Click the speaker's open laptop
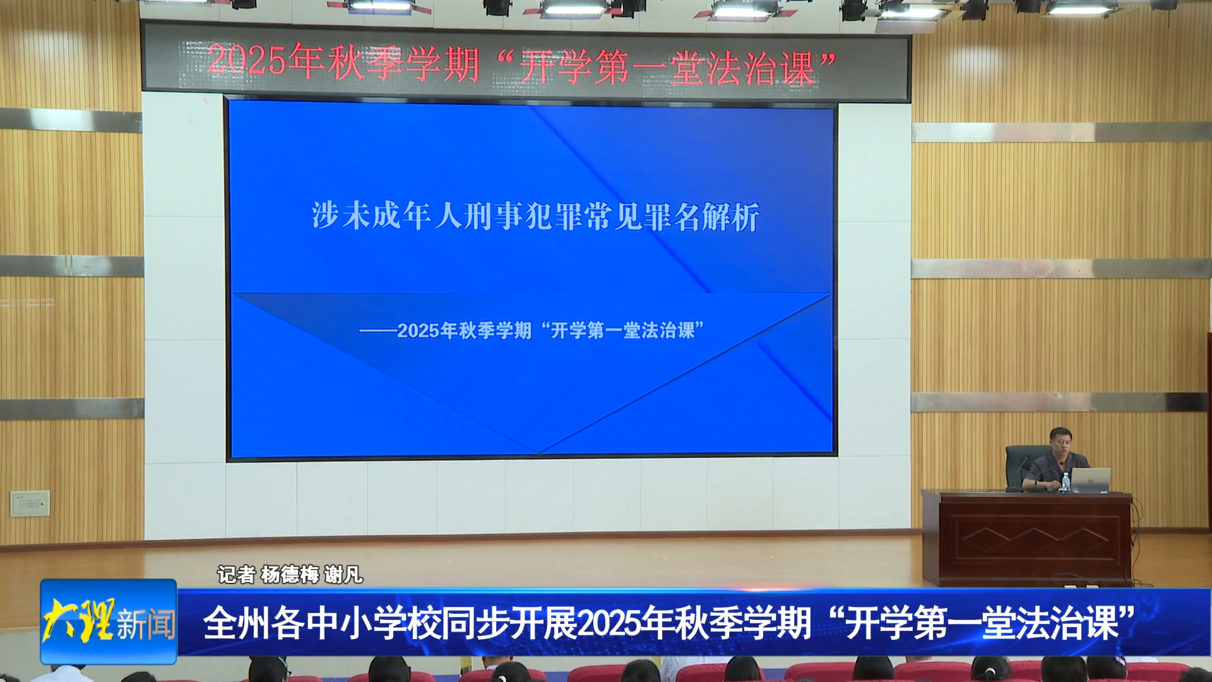coord(1091,480)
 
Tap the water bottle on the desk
coord(1066,482)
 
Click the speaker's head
coord(1062,441)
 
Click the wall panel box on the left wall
coord(30,503)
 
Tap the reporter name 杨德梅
coord(290,574)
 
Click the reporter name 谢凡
coord(343,574)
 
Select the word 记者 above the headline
coord(236,574)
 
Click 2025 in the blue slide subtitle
coord(418,330)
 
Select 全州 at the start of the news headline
coord(235,623)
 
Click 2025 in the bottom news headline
coord(610,623)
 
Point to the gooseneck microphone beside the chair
coord(1016,472)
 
